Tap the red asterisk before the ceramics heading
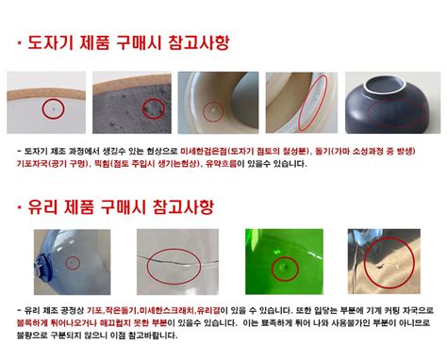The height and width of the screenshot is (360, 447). (20, 43)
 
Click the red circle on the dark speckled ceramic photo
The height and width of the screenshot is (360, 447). (153, 110)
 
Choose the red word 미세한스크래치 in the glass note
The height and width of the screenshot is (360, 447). (168, 309)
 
